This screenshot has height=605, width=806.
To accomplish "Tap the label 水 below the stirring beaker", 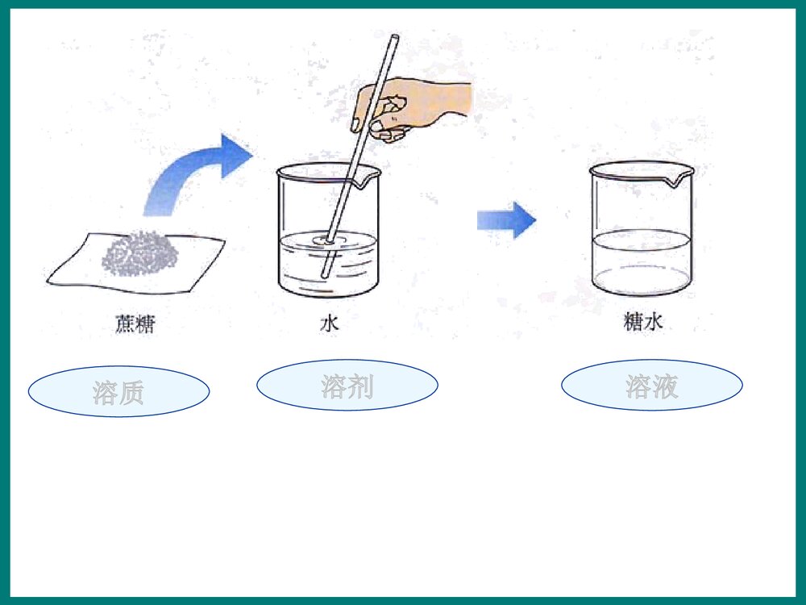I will pos(330,323).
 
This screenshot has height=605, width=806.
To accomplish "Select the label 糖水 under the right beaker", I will pos(643,322).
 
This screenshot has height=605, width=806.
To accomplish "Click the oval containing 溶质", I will pos(118,392).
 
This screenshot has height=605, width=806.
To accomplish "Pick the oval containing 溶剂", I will pos(347,386).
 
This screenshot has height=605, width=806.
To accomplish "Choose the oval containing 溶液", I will pos(651,386).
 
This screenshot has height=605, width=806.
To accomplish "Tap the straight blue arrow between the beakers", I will pos(505,219).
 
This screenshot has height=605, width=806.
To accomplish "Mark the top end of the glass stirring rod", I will pos(394,38).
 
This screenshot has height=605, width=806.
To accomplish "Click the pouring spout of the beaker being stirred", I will pos(372,173).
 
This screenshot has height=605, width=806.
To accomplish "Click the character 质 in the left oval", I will pos(131,393).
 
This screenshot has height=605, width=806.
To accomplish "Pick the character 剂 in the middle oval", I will pos(359,386).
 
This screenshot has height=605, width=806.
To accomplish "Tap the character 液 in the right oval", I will pos(664,386).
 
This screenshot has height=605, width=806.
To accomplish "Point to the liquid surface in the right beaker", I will pos(641,240).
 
